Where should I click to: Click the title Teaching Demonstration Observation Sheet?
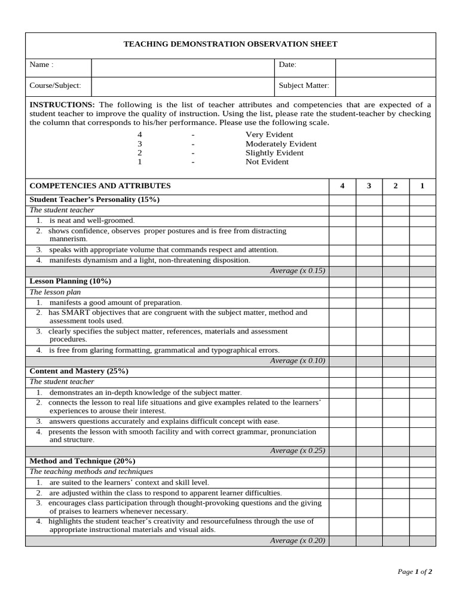coord(230,44)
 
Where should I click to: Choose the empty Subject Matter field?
coord(385,85)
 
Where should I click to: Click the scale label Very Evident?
coord(270,134)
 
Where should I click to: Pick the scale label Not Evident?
coord(267,161)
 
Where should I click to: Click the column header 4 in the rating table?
coord(342,186)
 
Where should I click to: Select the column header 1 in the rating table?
coord(422,186)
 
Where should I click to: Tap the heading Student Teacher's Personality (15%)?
coord(94,199)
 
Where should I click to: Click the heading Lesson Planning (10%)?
coord(71,281)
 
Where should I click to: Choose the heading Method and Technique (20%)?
coord(82,461)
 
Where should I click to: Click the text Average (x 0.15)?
coord(297,271)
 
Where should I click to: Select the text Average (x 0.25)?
coord(297,451)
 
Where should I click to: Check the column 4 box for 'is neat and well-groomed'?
coord(342,221)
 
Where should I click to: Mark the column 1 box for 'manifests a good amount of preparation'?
coord(422,302)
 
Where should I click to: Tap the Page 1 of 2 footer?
coord(415,571)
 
